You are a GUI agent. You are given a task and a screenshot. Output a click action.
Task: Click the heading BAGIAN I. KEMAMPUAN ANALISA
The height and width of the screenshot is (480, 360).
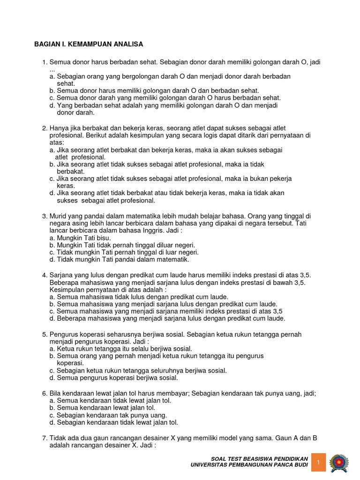point(89,45)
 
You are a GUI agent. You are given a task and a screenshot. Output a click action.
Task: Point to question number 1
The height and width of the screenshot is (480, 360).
point(45,62)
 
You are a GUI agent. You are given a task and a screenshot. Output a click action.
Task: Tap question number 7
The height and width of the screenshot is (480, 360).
point(45,438)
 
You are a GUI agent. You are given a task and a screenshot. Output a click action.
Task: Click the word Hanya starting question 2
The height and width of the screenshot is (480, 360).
point(59,128)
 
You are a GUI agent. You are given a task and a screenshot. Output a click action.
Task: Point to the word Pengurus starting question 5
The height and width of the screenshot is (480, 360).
point(64,334)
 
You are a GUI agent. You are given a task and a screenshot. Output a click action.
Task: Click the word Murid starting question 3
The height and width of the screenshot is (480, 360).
point(59,216)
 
